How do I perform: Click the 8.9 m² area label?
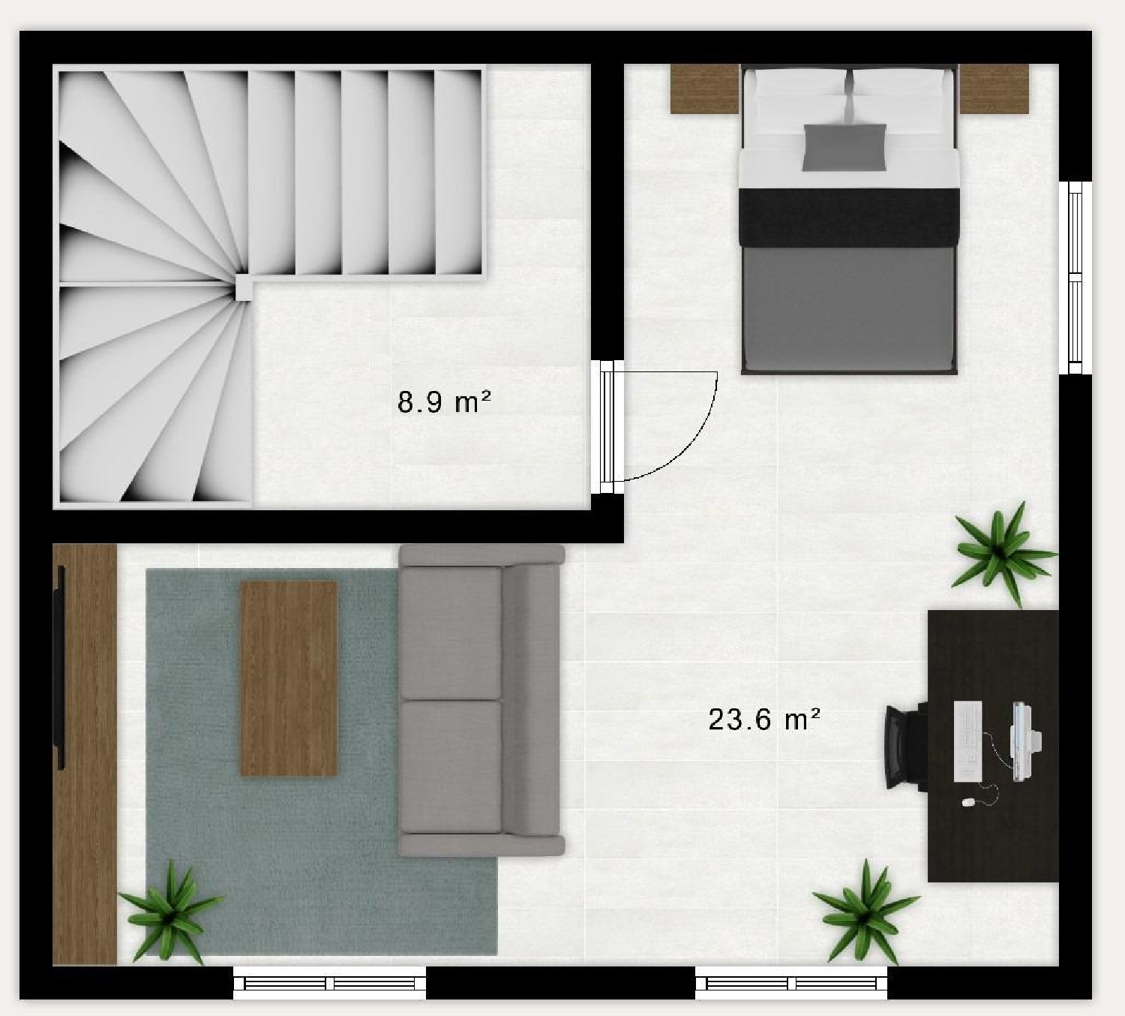(x=444, y=403)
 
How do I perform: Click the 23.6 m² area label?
(x=763, y=720)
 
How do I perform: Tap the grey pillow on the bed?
(x=844, y=147)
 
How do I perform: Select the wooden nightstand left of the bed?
(x=704, y=89)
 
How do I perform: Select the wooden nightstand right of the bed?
(x=994, y=89)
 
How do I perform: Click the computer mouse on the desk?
(x=968, y=802)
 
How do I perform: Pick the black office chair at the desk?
(x=904, y=747)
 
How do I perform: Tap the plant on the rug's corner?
(x=170, y=912)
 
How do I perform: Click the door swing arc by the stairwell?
(x=694, y=443)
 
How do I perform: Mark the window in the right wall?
(x=1075, y=278)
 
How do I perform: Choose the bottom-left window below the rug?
(x=329, y=983)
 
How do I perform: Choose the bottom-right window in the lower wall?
(x=791, y=983)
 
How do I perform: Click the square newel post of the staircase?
(x=244, y=287)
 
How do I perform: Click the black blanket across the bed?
(x=848, y=216)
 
